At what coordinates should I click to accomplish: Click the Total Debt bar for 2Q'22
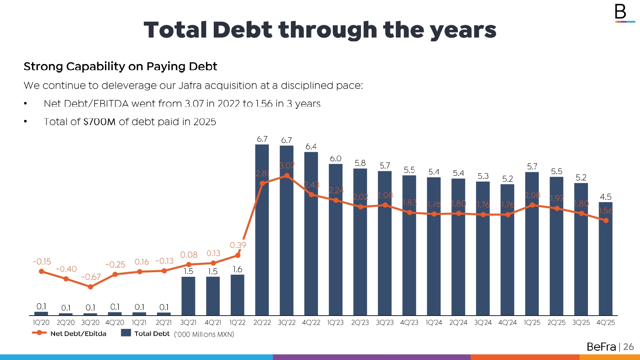(262, 256)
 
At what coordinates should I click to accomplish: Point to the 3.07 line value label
(287, 165)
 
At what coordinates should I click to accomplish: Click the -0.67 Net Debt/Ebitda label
(90, 277)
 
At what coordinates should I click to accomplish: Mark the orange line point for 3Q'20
(90, 287)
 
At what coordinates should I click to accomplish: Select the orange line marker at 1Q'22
(238, 255)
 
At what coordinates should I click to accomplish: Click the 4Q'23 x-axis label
(409, 323)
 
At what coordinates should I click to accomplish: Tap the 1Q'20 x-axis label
(41, 323)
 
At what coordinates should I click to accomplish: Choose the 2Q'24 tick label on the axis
(458, 323)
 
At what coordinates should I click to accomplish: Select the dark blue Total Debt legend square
(126, 333)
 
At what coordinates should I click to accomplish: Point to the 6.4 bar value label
(311, 147)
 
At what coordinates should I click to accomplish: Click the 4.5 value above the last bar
(605, 197)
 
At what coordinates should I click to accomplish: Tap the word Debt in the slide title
(242, 30)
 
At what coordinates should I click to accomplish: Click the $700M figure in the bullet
(99, 122)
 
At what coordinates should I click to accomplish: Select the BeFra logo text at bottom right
(601, 347)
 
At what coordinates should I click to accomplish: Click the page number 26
(628, 347)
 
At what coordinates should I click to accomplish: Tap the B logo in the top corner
(621, 12)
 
